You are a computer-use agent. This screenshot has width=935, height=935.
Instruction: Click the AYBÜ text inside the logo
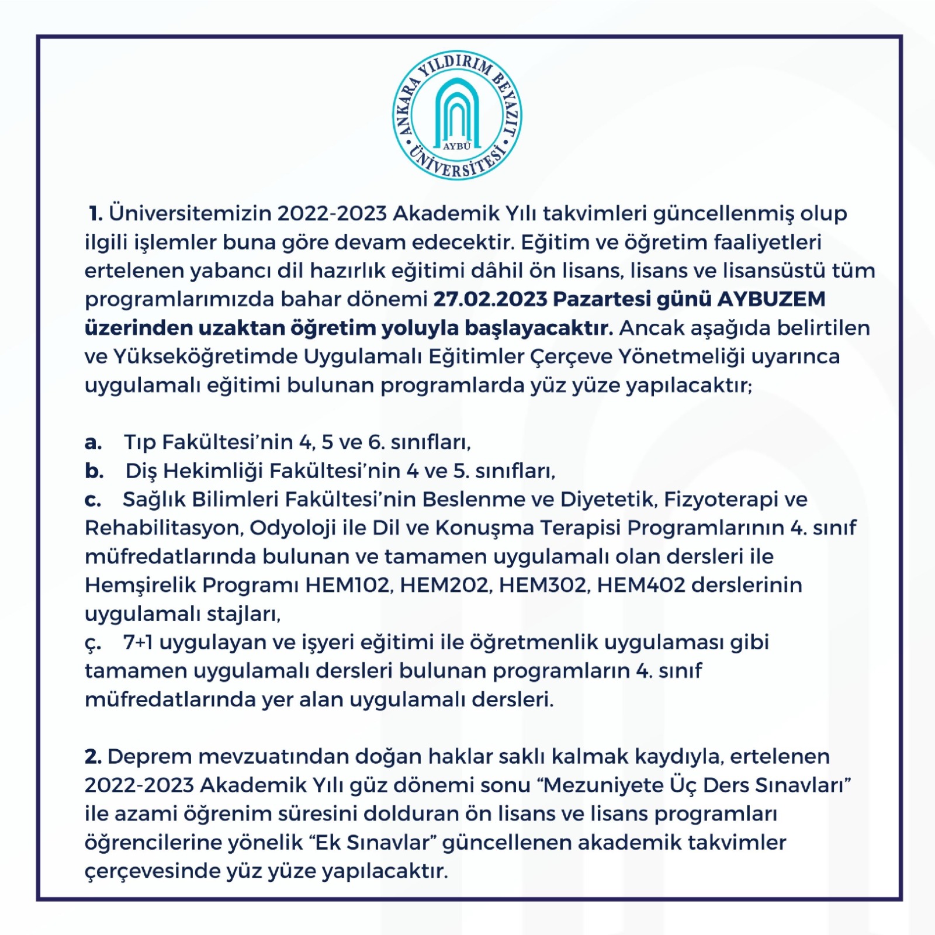click(456, 146)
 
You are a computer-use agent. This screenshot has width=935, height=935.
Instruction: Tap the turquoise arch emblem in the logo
click(457, 111)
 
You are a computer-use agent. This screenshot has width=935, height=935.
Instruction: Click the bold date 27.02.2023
click(490, 299)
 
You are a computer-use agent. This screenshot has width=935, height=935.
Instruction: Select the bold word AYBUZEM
click(771, 299)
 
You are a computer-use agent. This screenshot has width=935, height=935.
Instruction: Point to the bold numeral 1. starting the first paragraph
click(96, 214)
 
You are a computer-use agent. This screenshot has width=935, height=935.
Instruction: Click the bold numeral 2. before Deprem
click(93, 757)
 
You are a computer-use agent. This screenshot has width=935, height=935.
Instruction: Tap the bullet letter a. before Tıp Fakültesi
click(93, 442)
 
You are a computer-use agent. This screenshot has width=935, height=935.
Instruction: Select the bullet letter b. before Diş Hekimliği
click(94, 471)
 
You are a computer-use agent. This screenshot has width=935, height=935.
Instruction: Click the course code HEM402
click(640, 586)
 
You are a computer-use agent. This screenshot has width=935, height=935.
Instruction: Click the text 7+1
click(138, 643)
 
